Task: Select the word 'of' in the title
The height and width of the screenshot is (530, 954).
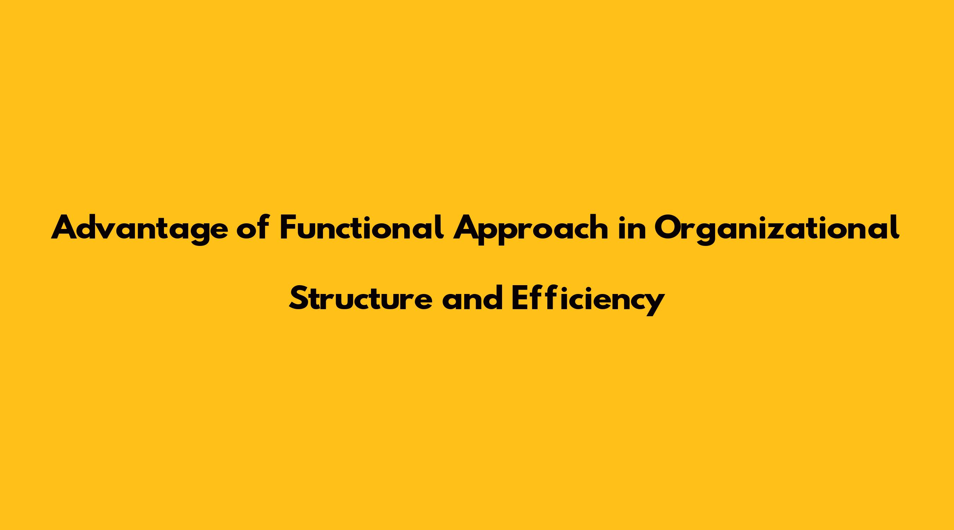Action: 253,227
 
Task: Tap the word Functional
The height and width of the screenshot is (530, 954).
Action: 362,227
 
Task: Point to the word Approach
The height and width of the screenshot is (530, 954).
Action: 531,230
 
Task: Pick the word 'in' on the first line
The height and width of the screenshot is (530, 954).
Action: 631,227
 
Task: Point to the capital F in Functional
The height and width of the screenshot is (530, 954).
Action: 288,227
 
